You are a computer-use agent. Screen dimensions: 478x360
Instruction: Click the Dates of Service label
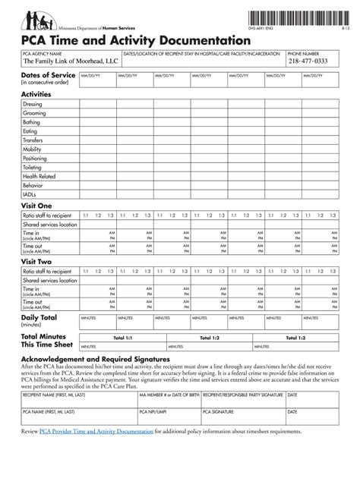tap(48, 76)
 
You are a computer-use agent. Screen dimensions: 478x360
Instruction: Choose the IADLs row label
tap(30, 194)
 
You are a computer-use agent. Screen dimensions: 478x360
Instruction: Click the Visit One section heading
tap(36, 206)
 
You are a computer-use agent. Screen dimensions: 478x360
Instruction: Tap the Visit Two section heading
tap(36, 261)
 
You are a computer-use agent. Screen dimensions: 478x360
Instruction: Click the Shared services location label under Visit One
tap(50, 225)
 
